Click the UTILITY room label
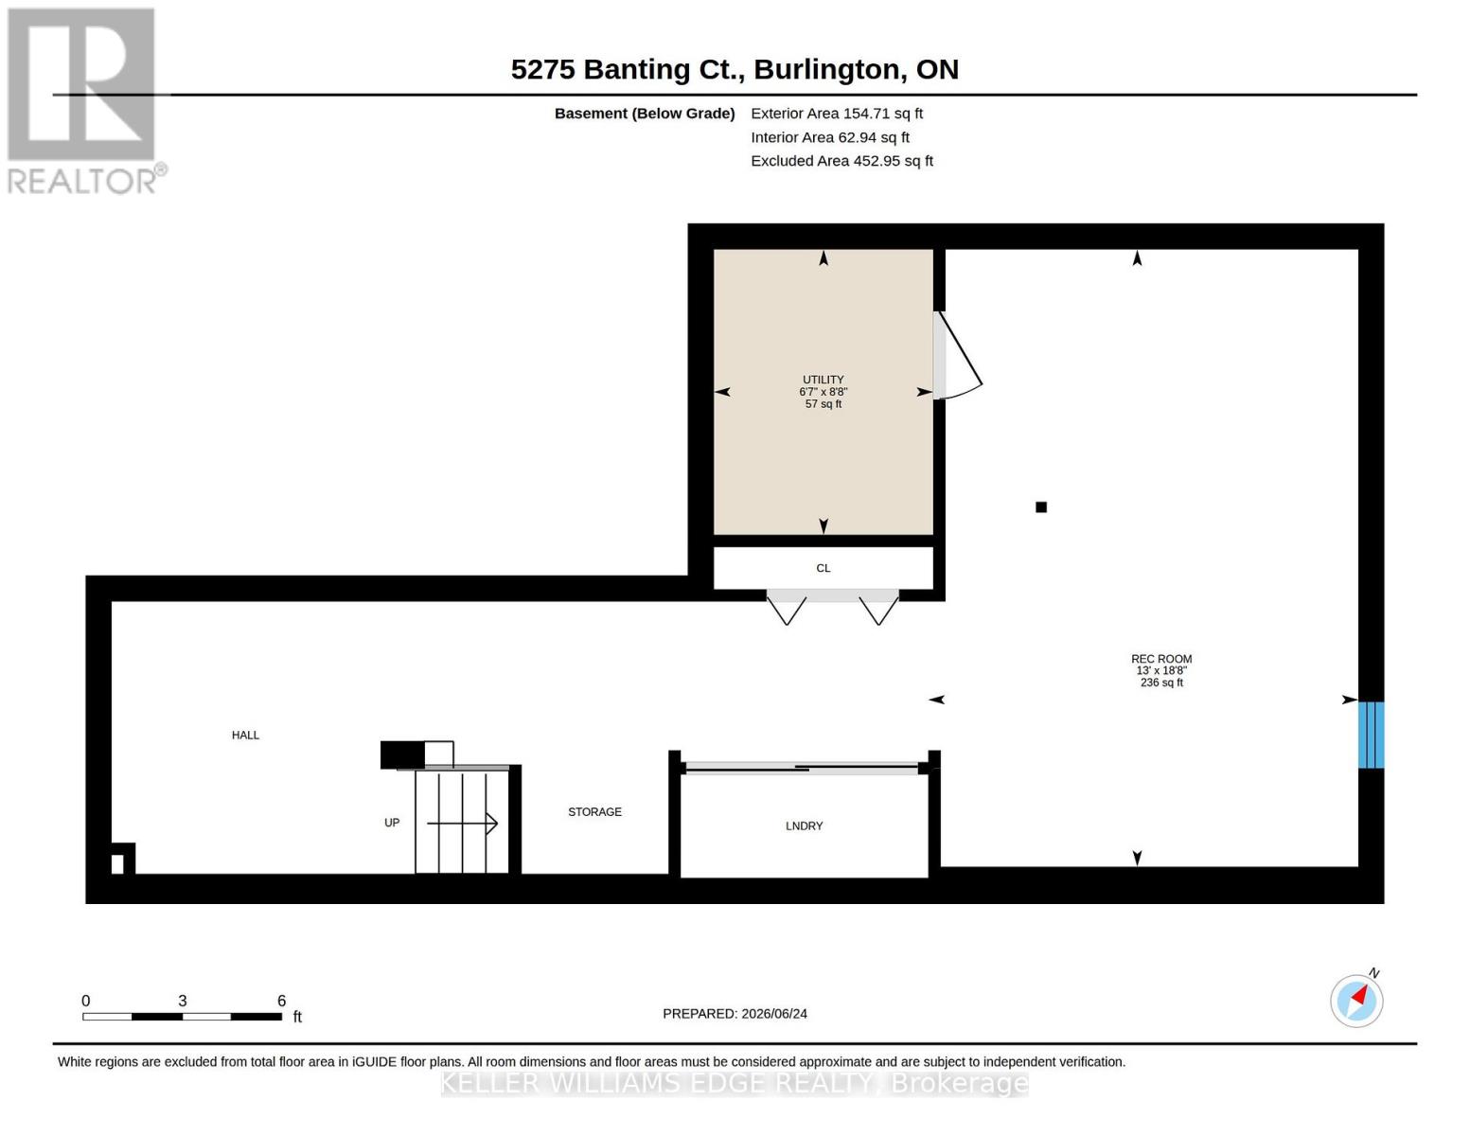click(x=823, y=380)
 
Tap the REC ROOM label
click(x=1160, y=658)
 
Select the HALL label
click(x=245, y=735)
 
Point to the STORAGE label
click(x=594, y=811)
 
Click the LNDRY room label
click(x=804, y=825)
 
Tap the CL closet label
click(x=823, y=568)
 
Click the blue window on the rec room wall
click(x=1371, y=735)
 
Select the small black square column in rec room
click(x=1041, y=506)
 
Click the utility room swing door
click(x=957, y=355)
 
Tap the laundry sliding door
click(x=804, y=768)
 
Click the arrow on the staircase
click(x=462, y=824)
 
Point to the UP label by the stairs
click(x=392, y=822)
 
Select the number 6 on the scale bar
click(x=281, y=1000)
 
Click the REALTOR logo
click(x=84, y=101)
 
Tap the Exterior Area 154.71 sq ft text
click(x=836, y=114)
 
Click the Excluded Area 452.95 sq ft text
click(x=841, y=161)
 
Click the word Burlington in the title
click(x=829, y=70)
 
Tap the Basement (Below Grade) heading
click(x=644, y=114)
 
